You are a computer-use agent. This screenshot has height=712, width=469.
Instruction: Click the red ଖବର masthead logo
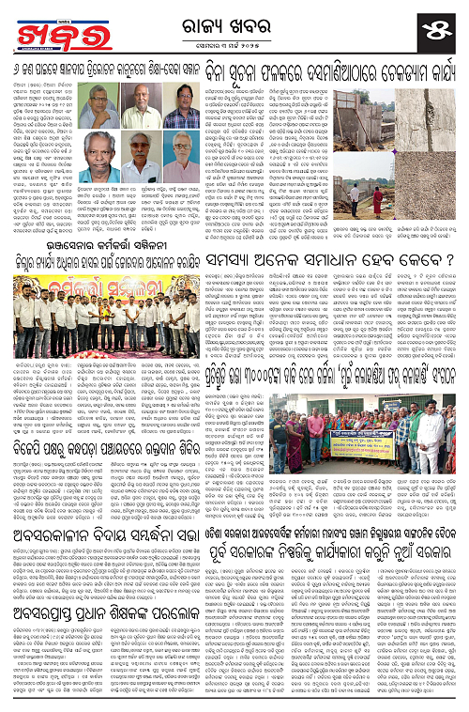point(47,29)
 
